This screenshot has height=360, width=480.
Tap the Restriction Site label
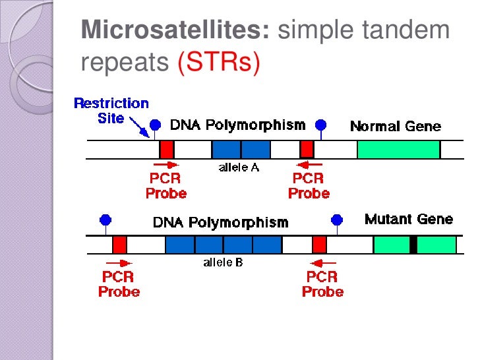(111, 111)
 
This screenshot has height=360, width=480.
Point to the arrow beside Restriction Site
(139, 126)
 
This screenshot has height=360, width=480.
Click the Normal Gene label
(395, 126)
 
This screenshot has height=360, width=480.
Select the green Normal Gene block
(398, 149)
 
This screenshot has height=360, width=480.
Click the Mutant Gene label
(409, 220)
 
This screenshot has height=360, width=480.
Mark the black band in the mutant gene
(413, 245)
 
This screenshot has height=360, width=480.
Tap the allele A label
(239, 168)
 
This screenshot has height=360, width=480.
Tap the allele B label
(222, 263)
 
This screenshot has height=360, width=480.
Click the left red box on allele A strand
(167, 149)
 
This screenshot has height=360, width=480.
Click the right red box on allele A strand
(307, 149)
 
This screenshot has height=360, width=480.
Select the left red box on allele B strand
(119, 245)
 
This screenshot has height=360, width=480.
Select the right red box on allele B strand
(319, 245)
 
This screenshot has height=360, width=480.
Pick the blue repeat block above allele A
(241, 149)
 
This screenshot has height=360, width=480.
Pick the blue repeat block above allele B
(223, 245)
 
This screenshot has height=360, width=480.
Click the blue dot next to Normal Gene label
(321, 124)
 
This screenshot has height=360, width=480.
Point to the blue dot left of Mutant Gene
(337, 220)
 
